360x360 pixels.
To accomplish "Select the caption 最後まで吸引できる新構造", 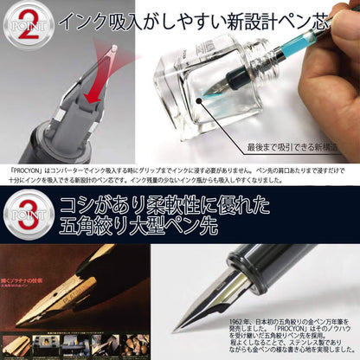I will pos(295,148).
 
